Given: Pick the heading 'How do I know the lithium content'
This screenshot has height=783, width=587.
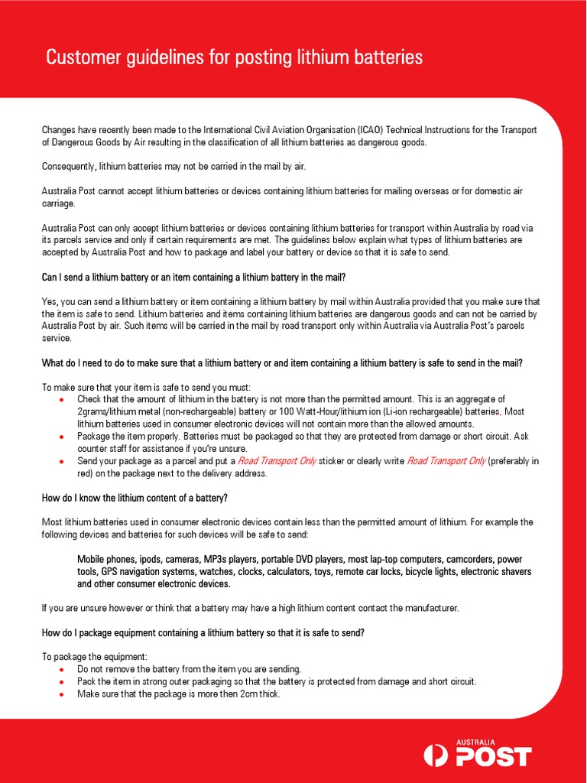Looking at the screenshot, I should point(135,499).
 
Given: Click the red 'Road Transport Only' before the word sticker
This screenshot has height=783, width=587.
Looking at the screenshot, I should point(277,461).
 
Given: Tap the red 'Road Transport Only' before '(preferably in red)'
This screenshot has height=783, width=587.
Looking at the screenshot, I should point(446,461).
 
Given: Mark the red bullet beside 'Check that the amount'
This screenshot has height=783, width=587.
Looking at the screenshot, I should point(61,400).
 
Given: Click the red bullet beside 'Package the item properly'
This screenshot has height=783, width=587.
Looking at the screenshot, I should point(61,437).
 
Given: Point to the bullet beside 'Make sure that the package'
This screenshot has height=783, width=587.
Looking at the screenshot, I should point(61,694).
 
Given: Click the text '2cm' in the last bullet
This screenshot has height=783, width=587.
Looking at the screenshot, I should point(242,694).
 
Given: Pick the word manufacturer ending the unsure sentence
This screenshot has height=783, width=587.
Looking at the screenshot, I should point(429,608).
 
